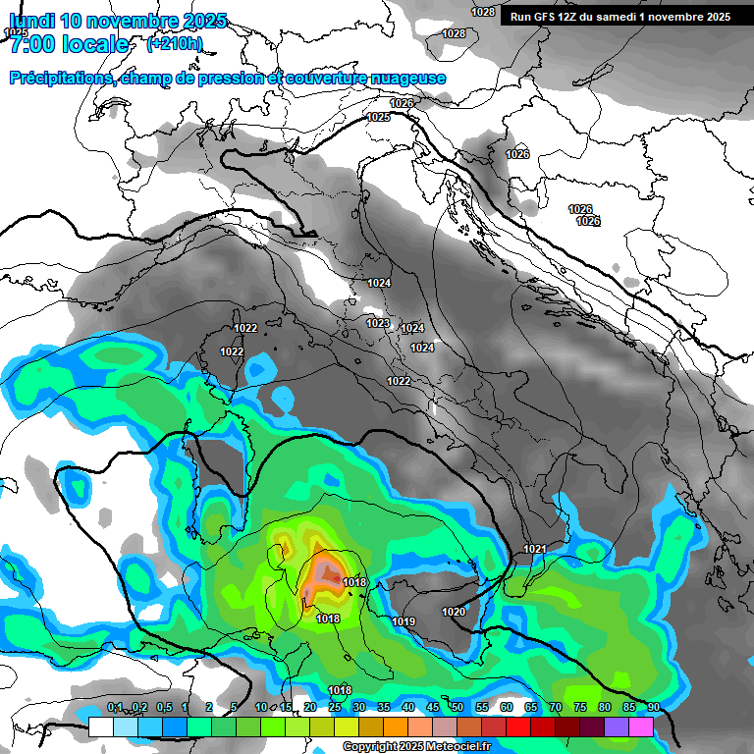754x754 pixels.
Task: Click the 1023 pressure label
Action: pyautogui.click(x=377, y=323)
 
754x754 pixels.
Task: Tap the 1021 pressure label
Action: pyautogui.click(x=535, y=549)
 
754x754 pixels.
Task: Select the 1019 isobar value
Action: pyautogui.click(x=404, y=621)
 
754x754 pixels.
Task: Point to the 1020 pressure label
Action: pyautogui.click(x=454, y=612)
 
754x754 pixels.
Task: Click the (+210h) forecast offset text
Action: pyautogui.click(x=174, y=43)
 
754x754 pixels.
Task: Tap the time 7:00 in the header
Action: pyautogui.click(x=28, y=44)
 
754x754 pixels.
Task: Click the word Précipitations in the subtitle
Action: pyautogui.click(x=59, y=79)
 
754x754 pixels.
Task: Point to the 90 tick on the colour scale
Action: pyautogui.click(x=653, y=707)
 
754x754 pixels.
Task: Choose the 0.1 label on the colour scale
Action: pyautogui.click(x=115, y=707)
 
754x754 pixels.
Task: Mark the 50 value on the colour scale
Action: pyautogui.click(x=458, y=707)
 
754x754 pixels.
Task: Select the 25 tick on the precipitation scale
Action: pyautogui.click(x=335, y=707)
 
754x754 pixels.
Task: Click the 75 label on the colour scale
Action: pyautogui.click(x=580, y=707)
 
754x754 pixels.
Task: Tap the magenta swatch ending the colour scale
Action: pyautogui.click(x=641, y=727)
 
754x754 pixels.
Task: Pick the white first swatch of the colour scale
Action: pyautogui.click(x=101, y=727)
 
